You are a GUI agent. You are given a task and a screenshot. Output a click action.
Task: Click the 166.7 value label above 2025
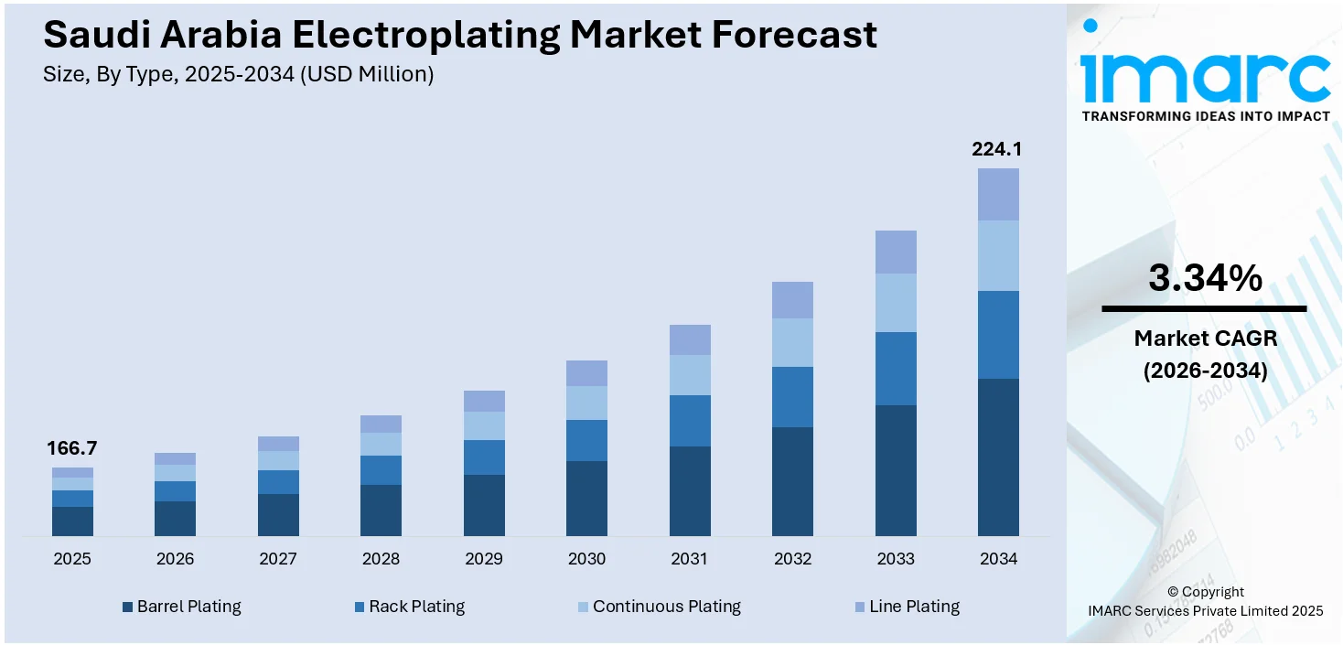[x=72, y=448]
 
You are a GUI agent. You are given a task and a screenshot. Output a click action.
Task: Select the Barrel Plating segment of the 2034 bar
[x=998, y=457]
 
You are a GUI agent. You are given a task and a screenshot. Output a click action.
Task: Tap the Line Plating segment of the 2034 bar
[x=998, y=194]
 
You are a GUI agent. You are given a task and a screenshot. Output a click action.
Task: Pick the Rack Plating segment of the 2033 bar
[x=896, y=368]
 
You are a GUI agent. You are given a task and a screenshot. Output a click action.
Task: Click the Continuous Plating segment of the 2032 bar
[x=792, y=342]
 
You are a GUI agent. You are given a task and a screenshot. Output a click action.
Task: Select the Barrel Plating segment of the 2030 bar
[x=586, y=498]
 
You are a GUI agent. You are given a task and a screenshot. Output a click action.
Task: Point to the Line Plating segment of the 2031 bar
[x=690, y=339]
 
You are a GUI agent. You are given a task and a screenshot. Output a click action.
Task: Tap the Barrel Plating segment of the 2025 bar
[x=72, y=521]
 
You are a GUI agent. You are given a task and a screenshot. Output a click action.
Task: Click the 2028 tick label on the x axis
[x=381, y=559]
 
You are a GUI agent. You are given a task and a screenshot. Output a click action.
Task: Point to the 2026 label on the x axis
[x=175, y=559]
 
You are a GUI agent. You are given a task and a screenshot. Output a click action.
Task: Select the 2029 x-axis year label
[x=484, y=559]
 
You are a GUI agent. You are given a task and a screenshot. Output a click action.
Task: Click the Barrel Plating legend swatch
[x=127, y=607]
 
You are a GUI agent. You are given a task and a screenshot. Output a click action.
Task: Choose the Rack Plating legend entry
[x=416, y=607]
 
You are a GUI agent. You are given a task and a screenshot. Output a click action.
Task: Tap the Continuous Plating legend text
[x=666, y=607]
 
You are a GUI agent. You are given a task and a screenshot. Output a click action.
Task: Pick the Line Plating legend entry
[x=914, y=607]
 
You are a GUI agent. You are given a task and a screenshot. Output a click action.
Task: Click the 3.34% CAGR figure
[x=1204, y=278]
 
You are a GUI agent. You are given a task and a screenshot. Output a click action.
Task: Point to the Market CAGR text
[x=1205, y=339]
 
